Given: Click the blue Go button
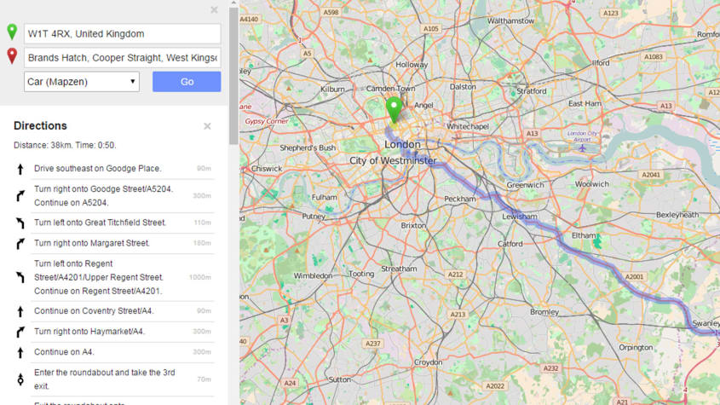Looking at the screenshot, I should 187,82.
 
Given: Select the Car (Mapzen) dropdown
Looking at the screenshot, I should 82,82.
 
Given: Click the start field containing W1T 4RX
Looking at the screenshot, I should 123,34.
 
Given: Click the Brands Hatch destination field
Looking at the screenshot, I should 123,58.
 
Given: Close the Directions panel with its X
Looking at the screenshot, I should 207,126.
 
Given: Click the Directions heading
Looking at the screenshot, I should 40,126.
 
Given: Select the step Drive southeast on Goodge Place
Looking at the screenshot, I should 97,169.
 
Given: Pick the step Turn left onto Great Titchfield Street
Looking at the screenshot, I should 100,223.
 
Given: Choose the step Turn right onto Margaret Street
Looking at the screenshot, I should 91,243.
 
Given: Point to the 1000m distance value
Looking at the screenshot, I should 199,277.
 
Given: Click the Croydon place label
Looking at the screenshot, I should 428,362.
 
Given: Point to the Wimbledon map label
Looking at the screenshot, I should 313,275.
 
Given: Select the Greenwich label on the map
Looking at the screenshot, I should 525,185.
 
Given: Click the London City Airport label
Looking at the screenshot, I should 583,136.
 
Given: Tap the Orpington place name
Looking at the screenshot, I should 636,348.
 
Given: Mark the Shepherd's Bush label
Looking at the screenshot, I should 308,148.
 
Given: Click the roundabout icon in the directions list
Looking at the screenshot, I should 20,379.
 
